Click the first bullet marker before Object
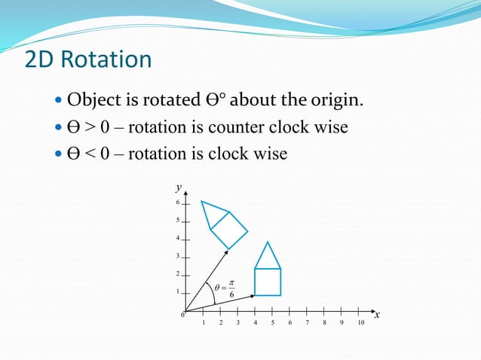click(60, 101)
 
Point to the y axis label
click(179, 186)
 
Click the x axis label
click(377, 316)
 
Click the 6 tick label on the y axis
click(177, 203)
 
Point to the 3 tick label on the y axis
click(177, 256)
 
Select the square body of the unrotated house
click(267, 282)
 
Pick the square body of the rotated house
click(228, 229)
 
